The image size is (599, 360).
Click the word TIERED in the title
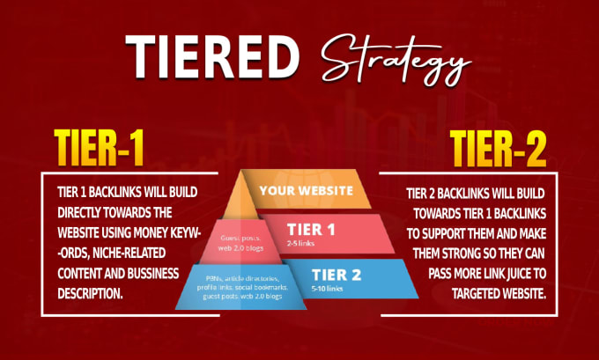(212, 56)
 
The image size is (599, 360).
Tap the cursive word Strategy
(396, 61)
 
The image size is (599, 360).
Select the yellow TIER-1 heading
(99, 148)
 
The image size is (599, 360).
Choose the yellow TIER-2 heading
(498, 149)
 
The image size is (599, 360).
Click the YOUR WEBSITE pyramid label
(306, 190)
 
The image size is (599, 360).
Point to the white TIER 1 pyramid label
(311, 230)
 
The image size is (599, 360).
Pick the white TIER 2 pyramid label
(336, 275)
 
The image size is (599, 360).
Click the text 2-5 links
(300, 243)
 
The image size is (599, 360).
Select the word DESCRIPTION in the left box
(90, 294)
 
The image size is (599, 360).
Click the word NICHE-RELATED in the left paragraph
(129, 253)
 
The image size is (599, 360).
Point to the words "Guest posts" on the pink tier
(240, 239)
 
